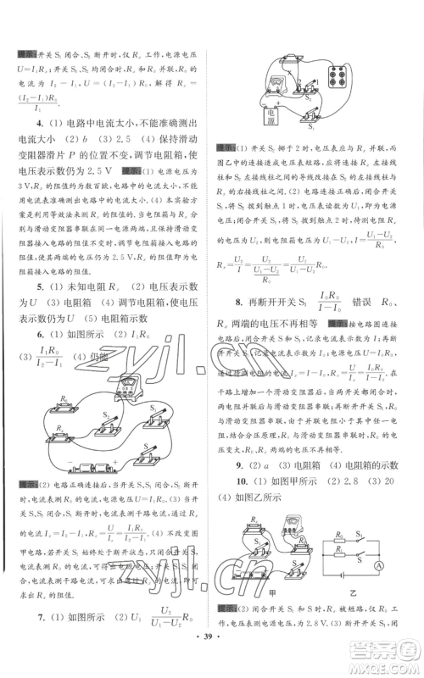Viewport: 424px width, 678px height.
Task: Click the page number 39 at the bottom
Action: pos(212,660)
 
